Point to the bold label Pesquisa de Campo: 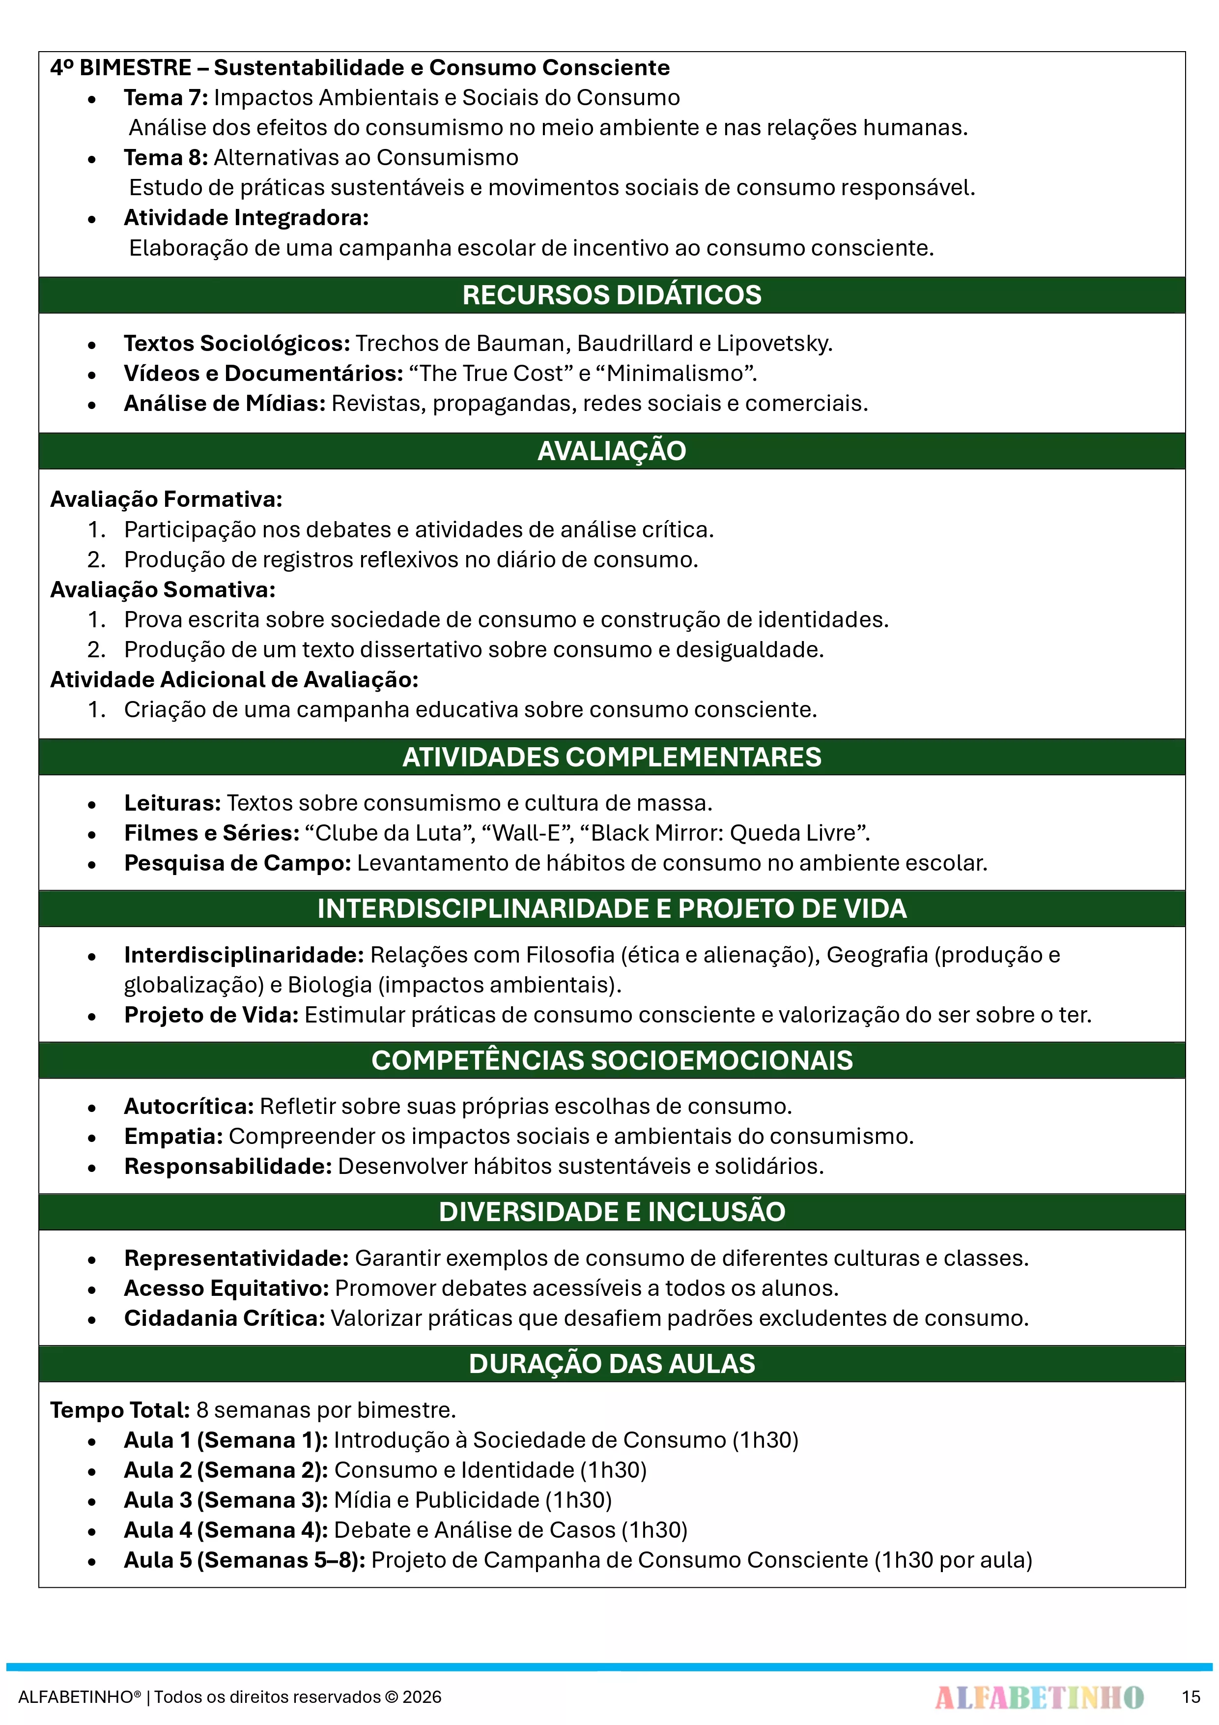[x=237, y=863]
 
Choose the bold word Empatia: [x=173, y=1137]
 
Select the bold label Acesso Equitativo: [x=226, y=1288]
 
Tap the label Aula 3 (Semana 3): [x=226, y=1500]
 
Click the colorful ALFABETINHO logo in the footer [x=1039, y=1697]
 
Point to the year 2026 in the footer [x=422, y=1697]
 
